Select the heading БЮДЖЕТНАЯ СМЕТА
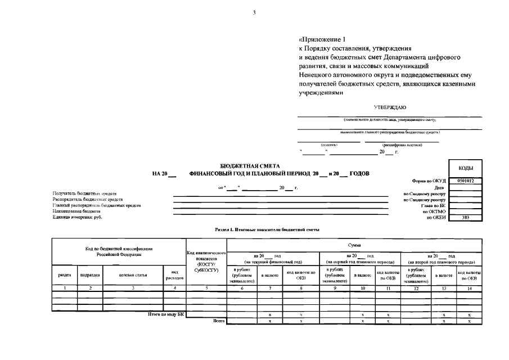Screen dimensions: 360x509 pos(244,166)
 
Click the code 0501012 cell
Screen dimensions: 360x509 pos(465,181)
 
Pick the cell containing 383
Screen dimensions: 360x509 pos(465,217)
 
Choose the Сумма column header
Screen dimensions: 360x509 pos(354,245)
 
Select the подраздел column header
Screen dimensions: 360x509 pos(90,275)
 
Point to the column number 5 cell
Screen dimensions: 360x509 pos(206,288)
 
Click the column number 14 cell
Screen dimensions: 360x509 pos(469,288)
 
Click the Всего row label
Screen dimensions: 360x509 pos(219,321)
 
